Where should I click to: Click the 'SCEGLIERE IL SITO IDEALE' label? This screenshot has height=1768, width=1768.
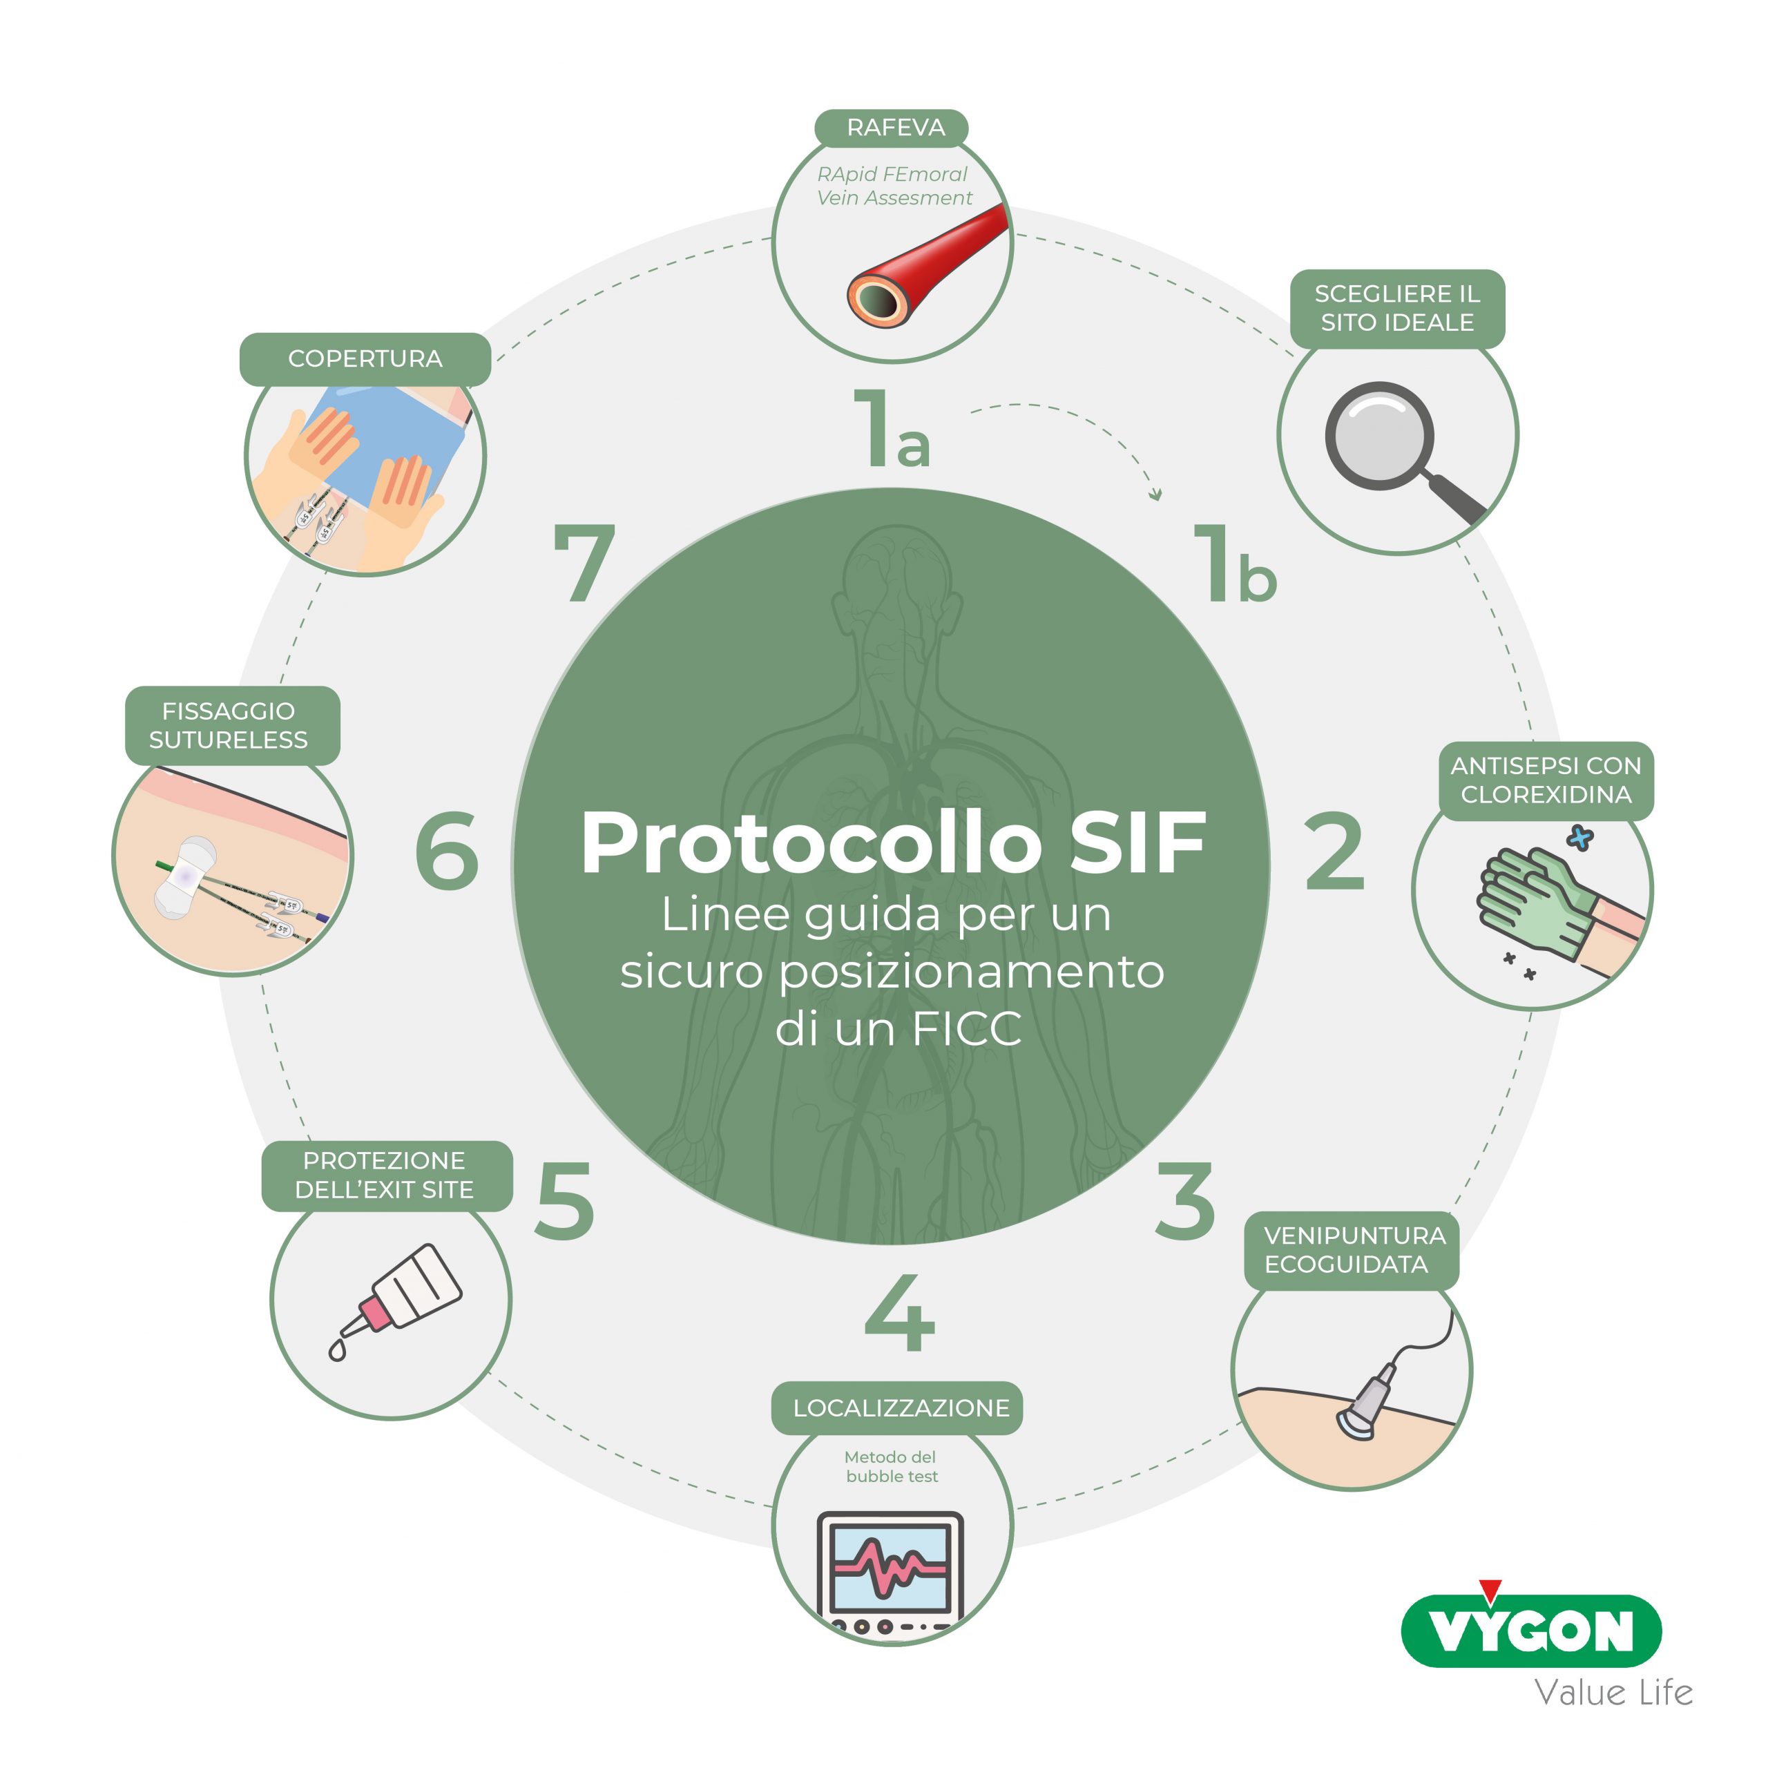tap(1397, 309)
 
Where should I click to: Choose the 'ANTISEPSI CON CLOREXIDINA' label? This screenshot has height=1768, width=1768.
tap(1546, 780)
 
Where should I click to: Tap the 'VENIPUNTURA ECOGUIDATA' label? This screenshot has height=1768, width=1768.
tap(1352, 1250)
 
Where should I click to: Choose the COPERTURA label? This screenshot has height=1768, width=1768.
tap(365, 358)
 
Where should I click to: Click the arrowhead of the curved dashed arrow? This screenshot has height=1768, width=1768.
tap(1157, 495)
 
